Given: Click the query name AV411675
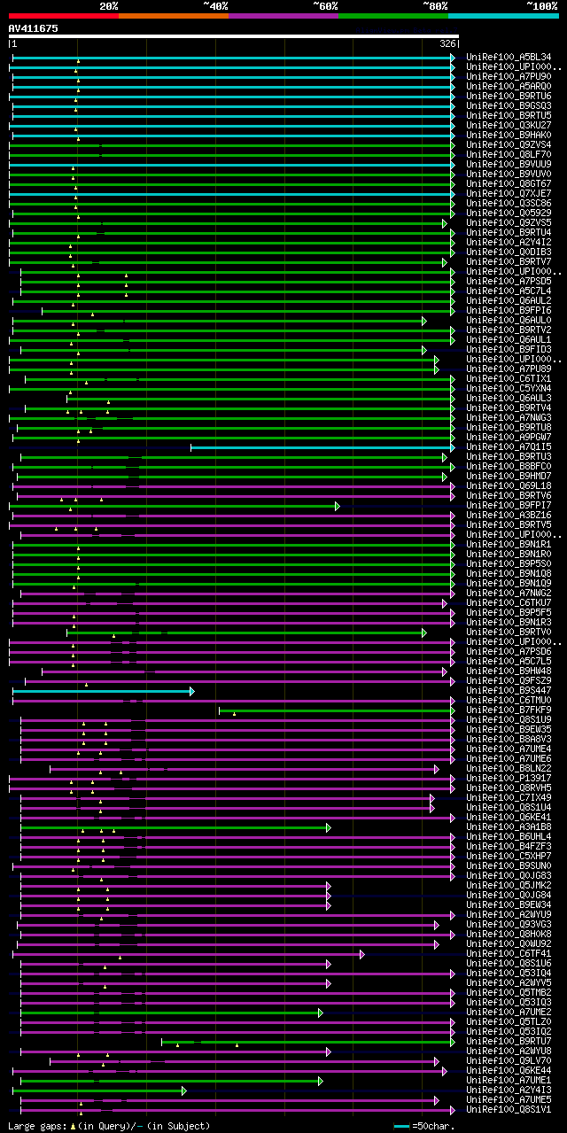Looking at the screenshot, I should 33,28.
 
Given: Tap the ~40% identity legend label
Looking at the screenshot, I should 215,5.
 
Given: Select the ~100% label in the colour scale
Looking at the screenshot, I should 541,5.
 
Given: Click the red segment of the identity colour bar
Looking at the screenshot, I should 63,15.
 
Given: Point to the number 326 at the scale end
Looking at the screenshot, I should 447,43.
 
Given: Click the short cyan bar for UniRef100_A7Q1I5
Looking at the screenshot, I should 319,447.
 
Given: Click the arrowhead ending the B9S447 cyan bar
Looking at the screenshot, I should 192,691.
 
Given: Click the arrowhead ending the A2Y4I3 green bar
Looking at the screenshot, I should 184,1090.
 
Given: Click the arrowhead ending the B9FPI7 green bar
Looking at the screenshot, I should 337,506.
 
